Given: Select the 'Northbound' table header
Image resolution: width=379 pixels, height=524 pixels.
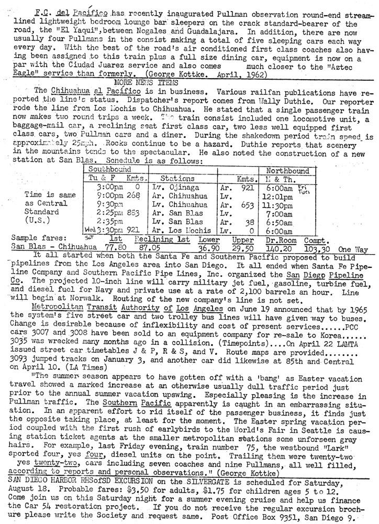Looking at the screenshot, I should click(288, 171).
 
